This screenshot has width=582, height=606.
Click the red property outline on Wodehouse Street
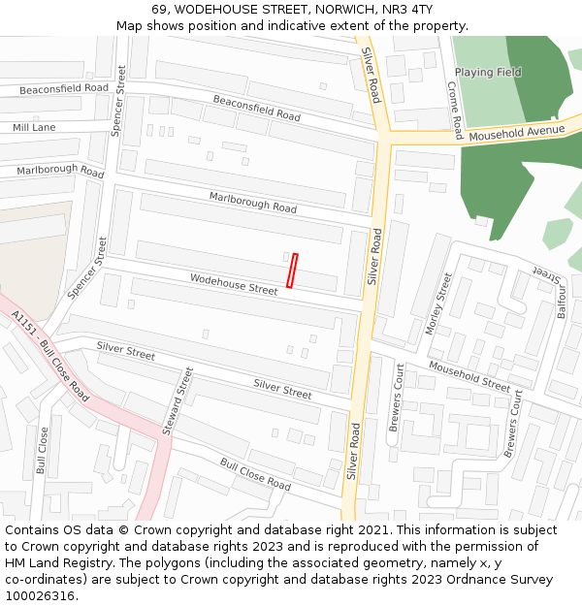point(292,271)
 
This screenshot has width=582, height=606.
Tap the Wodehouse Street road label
point(234,284)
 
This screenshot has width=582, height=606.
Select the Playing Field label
point(488,72)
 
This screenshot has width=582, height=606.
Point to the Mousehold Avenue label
point(516,130)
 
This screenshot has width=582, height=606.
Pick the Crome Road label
point(455,110)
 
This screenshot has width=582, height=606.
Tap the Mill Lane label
point(34,127)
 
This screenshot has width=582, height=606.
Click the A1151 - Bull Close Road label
point(50,357)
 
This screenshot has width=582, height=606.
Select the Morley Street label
point(438,303)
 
